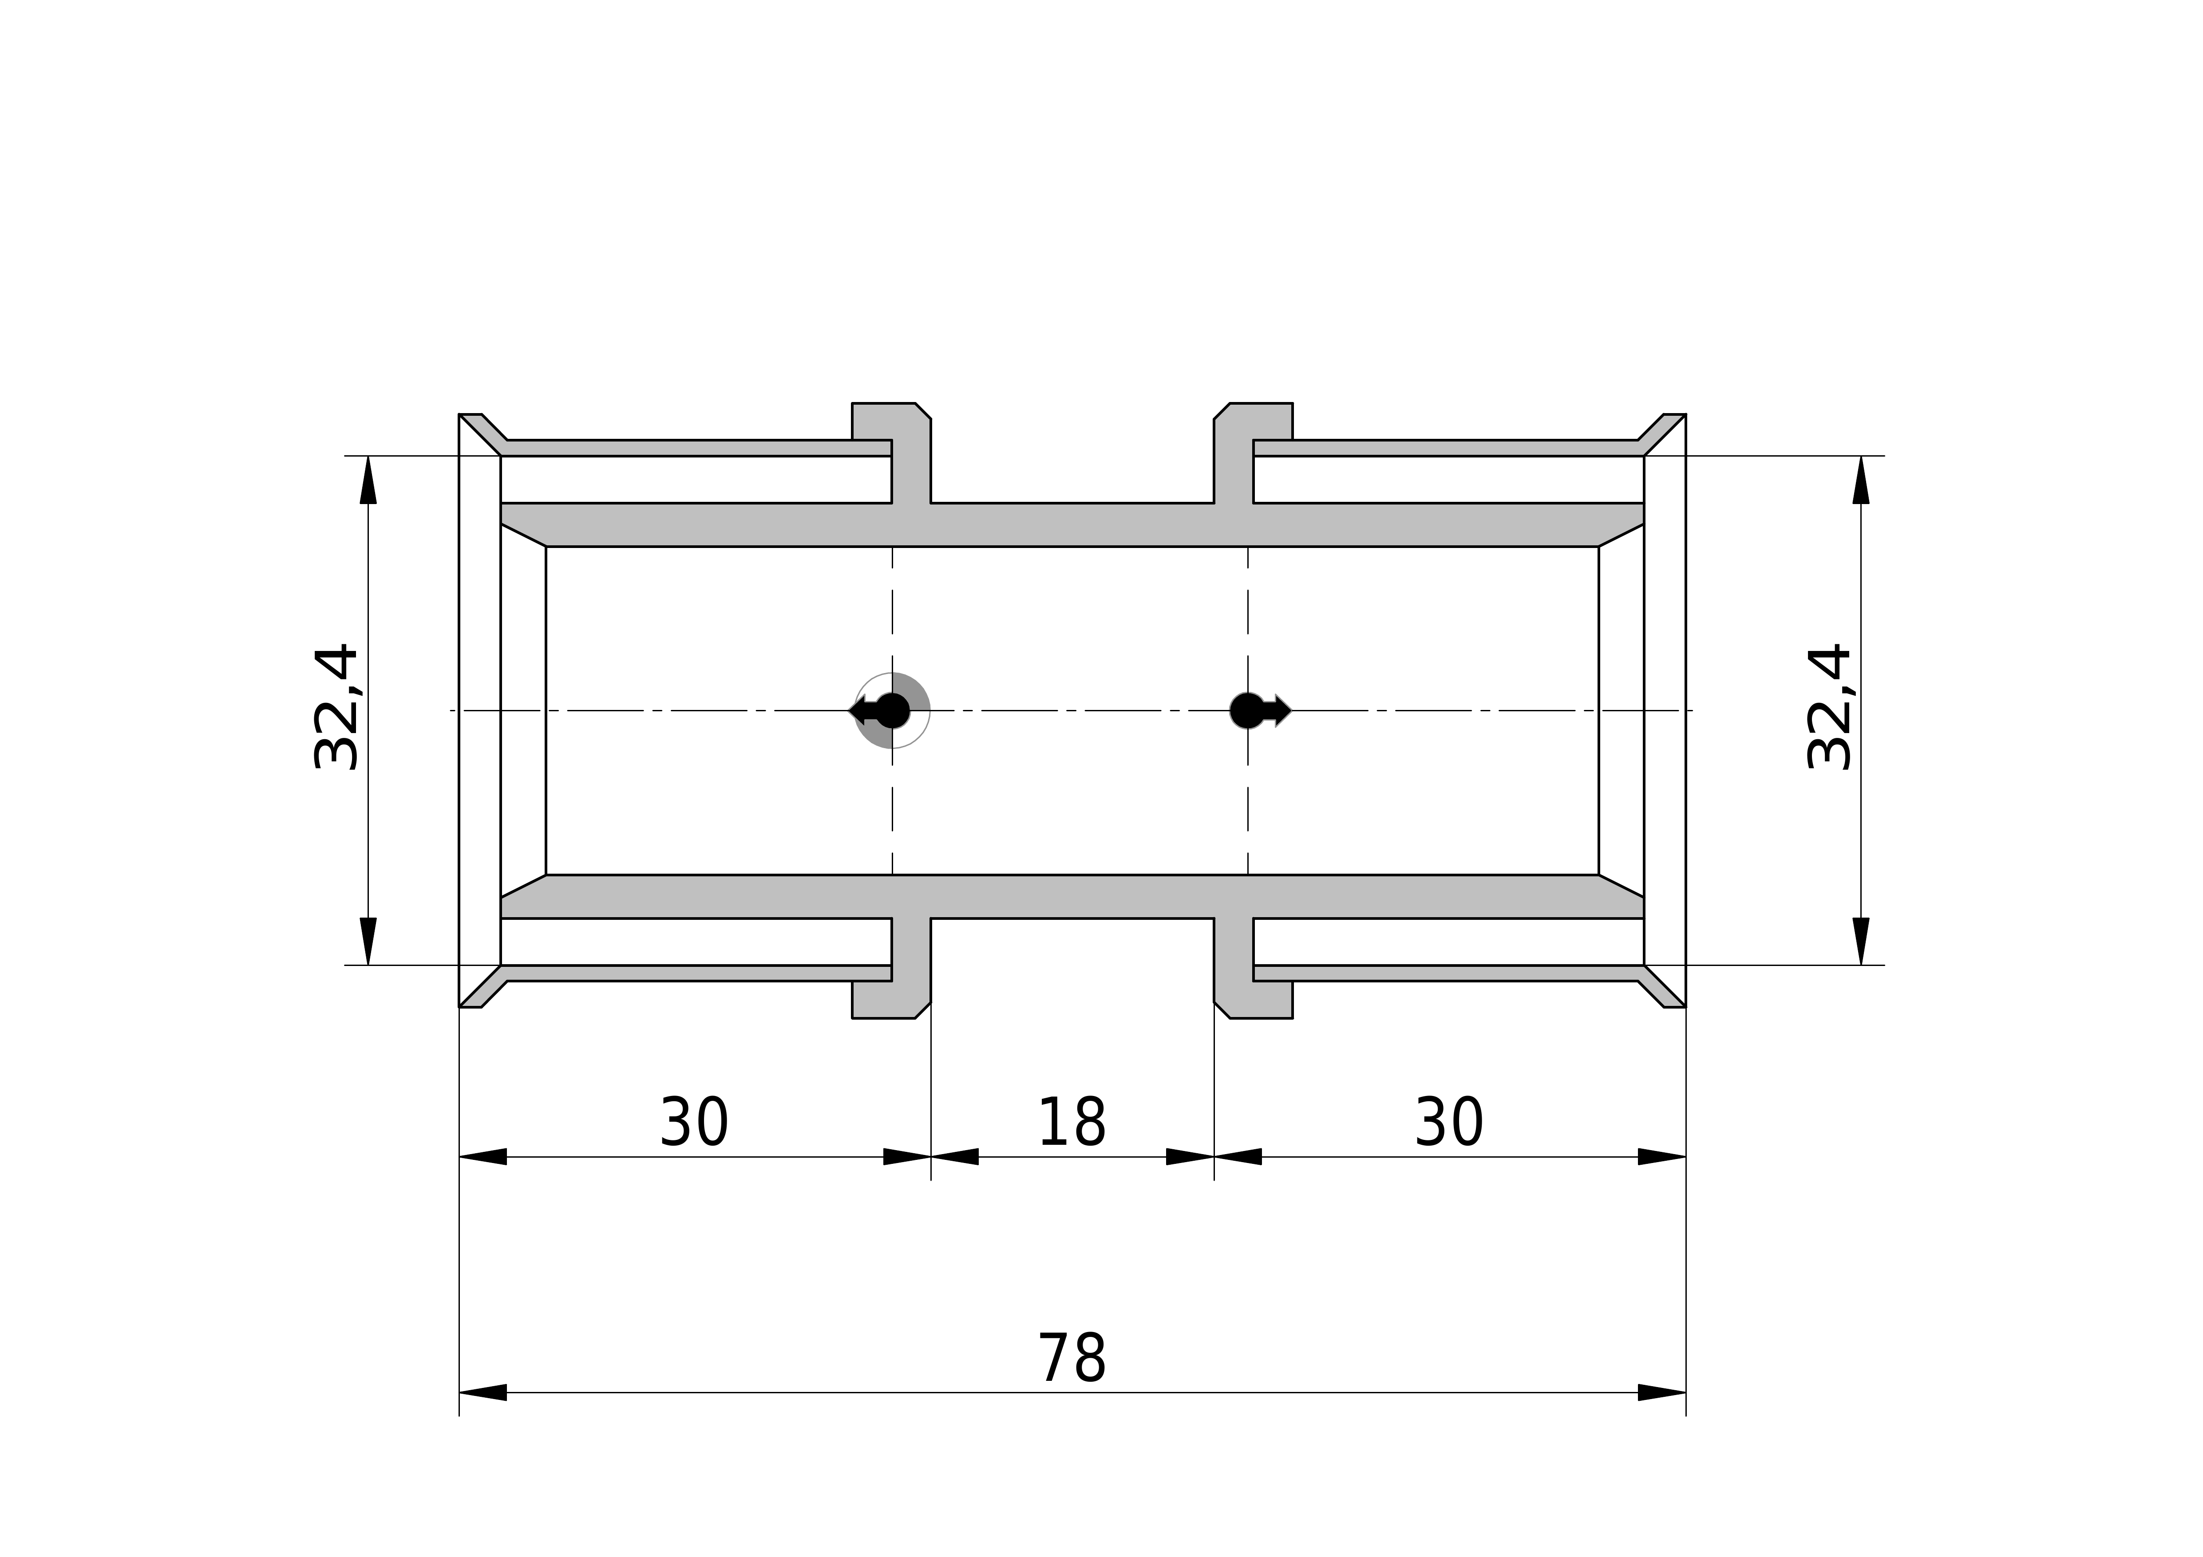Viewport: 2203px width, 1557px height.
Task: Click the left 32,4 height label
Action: [x=336, y=707]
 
